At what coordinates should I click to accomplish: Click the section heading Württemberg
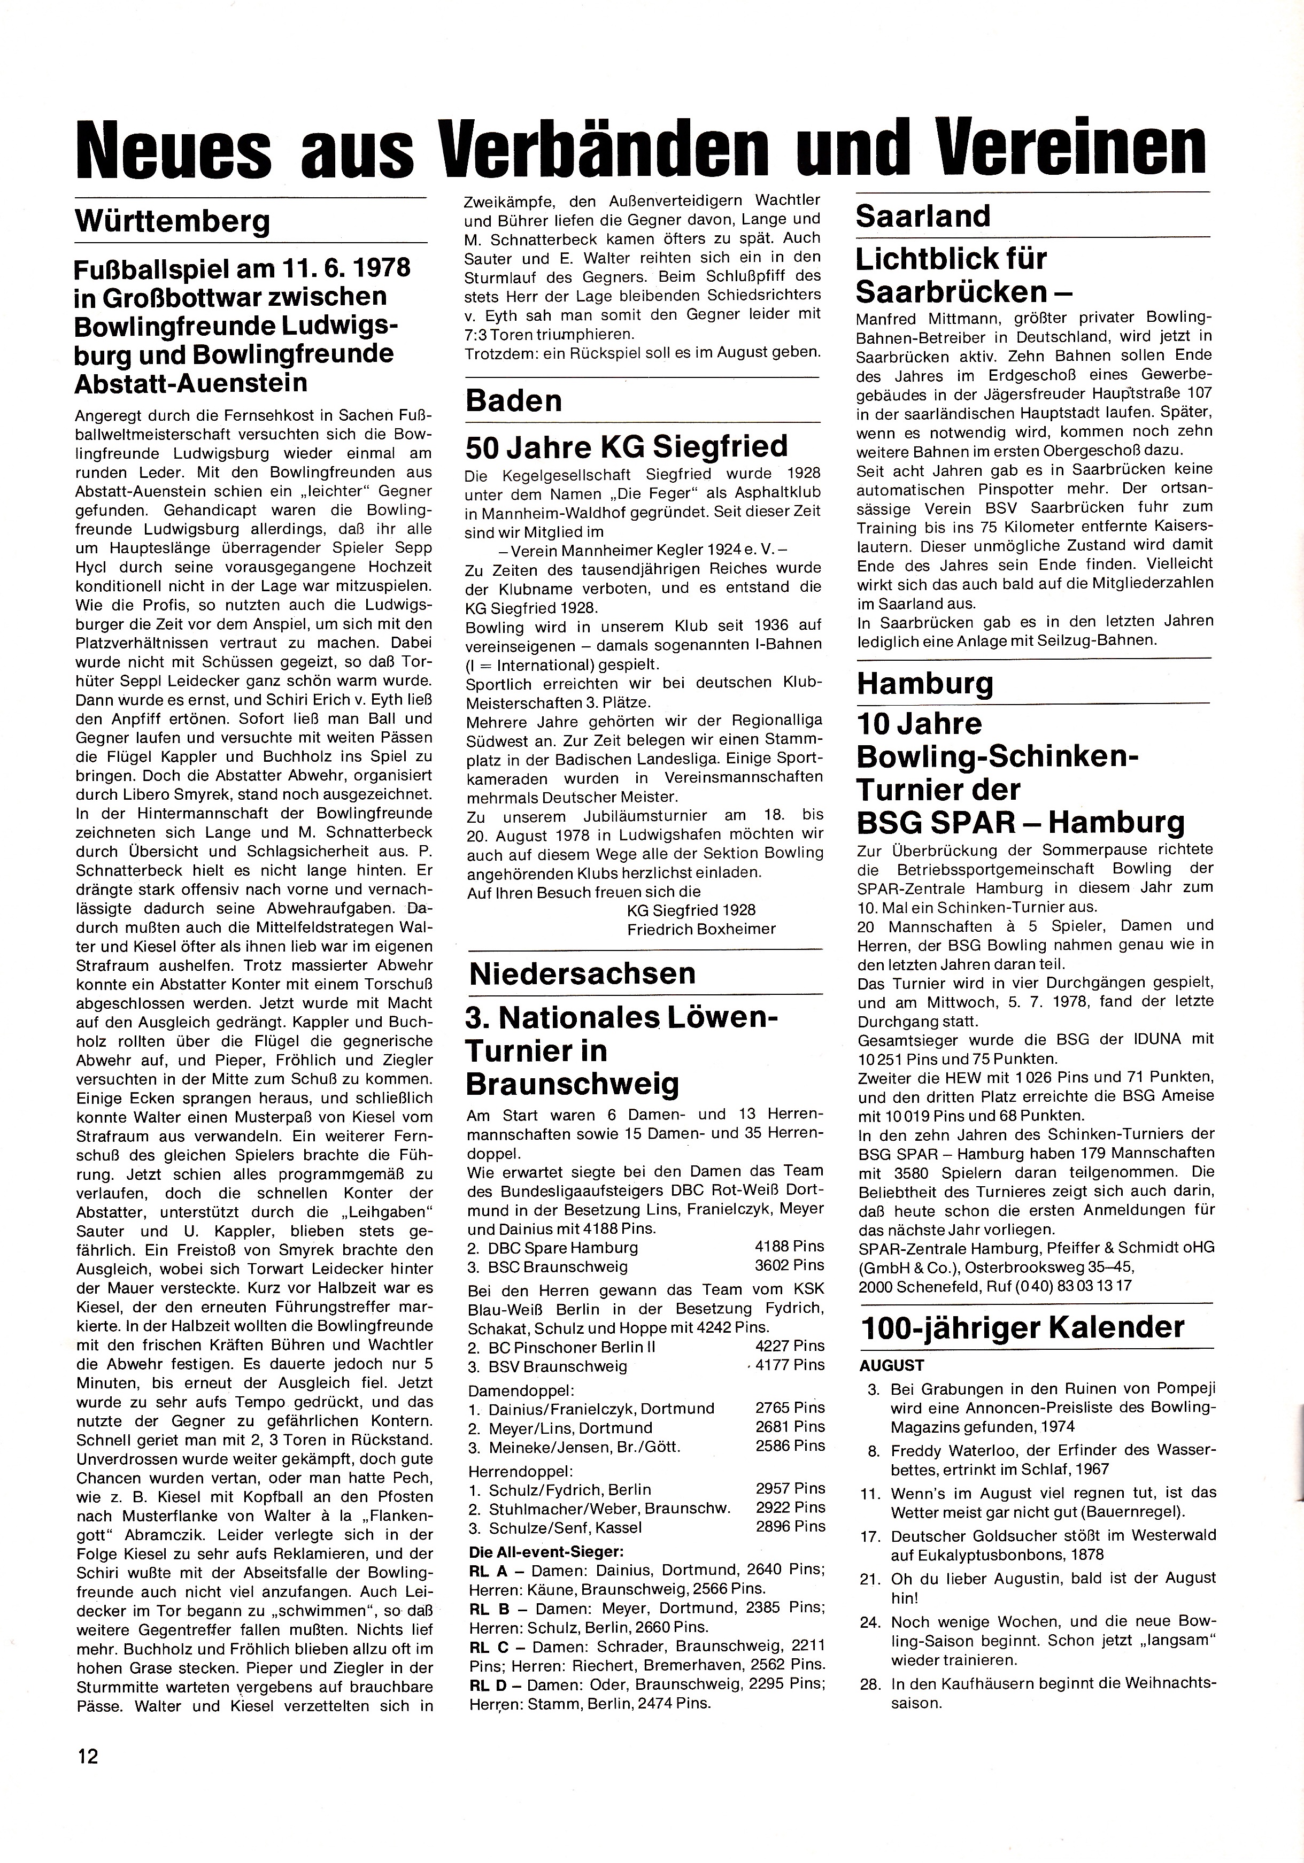pyautogui.click(x=172, y=221)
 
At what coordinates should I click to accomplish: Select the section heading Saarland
pyautogui.click(x=923, y=216)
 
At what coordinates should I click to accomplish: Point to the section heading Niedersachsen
pyautogui.click(x=582, y=973)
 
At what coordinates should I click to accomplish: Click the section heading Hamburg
pyautogui.click(x=925, y=683)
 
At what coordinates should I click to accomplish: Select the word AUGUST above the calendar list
pyautogui.click(x=892, y=1366)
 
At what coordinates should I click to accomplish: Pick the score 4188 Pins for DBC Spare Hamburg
pyautogui.click(x=789, y=1246)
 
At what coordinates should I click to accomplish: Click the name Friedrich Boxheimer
pyautogui.click(x=701, y=929)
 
